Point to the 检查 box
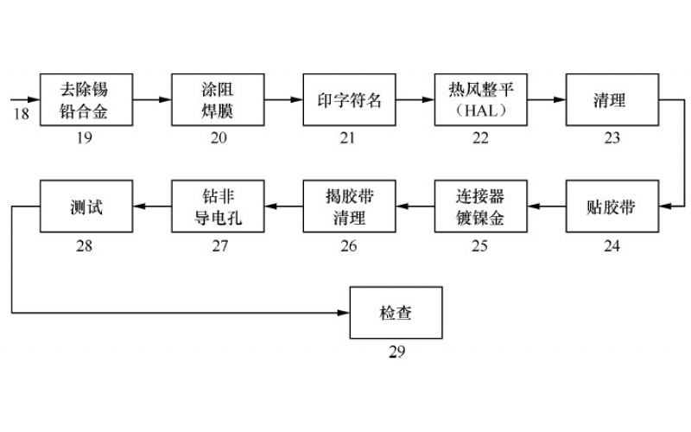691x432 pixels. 396,313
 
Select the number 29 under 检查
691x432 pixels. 396,352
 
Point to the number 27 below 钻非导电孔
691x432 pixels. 219,246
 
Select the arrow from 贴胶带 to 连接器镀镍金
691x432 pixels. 546,207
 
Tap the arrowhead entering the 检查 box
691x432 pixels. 344,313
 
